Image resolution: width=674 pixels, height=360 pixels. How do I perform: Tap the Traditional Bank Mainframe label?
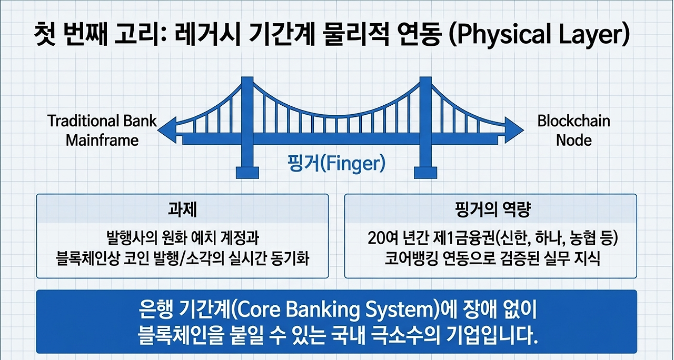pyautogui.click(x=102, y=131)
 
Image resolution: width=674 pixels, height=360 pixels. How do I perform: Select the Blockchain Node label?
pyautogui.click(x=573, y=131)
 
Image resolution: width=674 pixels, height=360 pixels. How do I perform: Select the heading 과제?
pyautogui.click(x=182, y=209)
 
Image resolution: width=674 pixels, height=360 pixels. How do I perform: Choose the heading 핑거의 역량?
pyautogui.click(x=491, y=209)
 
